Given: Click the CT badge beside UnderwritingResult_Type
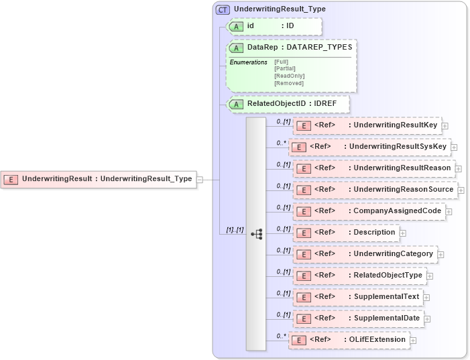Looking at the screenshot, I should tap(223, 10).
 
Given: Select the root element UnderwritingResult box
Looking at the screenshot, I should tap(99, 179).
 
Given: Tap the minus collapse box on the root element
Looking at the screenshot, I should tap(200, 179).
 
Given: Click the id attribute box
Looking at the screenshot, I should tap(274, 26).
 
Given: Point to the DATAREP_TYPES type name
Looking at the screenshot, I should tap(318, 48).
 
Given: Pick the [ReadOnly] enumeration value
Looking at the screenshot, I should tap(288, 76).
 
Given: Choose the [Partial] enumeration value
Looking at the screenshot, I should tap(285, 68).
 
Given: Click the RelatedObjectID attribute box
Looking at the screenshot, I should tap(289, 104).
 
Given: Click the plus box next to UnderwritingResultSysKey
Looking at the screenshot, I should tap(454, 147).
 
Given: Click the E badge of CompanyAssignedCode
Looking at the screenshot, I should tap(302, 211).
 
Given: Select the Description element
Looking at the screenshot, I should tap(346, 233).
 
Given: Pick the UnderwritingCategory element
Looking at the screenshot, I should tap(365, 254).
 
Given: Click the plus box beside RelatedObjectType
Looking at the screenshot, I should tap(430, 276).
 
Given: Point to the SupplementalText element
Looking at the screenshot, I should tap(358, 297).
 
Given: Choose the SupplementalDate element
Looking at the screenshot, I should tap(359, 318).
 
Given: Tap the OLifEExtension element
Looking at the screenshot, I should tap(349, 340).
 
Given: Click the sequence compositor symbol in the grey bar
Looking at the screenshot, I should tap(256, 234).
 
